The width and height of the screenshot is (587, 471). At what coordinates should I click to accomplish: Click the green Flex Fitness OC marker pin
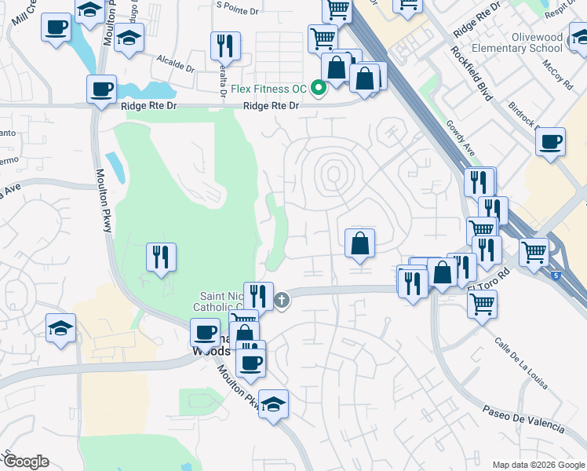319,87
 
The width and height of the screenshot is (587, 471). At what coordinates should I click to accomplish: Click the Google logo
26,462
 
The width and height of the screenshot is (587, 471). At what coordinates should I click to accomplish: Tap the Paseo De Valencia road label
523,421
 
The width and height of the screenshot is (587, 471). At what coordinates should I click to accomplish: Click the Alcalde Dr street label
175,63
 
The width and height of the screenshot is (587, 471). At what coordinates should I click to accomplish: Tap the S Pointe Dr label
241,7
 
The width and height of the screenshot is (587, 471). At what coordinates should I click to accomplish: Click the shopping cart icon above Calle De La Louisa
481,303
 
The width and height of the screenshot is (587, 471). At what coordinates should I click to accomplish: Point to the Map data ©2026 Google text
538,465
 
